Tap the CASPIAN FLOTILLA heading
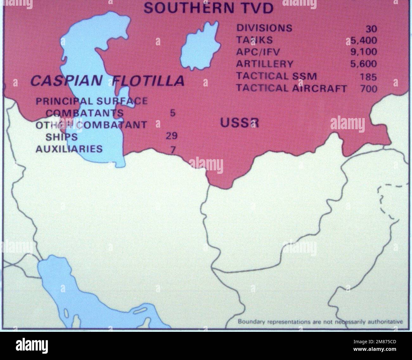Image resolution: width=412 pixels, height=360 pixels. [x=107, y=81]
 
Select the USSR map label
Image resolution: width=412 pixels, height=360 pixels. [x=239, y=123]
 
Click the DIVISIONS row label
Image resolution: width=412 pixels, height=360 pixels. [x=264, y=28]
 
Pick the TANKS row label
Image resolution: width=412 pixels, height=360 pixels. [x=254, y=40]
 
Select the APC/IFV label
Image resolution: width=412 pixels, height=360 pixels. [x=258, y=52]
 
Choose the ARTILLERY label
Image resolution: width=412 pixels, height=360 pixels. [x=264, y=64]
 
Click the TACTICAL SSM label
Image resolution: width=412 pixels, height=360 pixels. [x=276, y=76]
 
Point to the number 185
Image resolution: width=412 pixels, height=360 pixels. [x=368, y=77]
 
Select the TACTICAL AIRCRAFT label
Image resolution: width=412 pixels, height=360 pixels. [x=291, y=88]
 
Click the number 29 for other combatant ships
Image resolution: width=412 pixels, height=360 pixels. [x=171, y=136]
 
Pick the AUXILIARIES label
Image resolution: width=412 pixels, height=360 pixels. [x=69, y=148]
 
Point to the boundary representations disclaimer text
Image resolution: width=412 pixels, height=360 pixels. [x=320, y=322]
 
